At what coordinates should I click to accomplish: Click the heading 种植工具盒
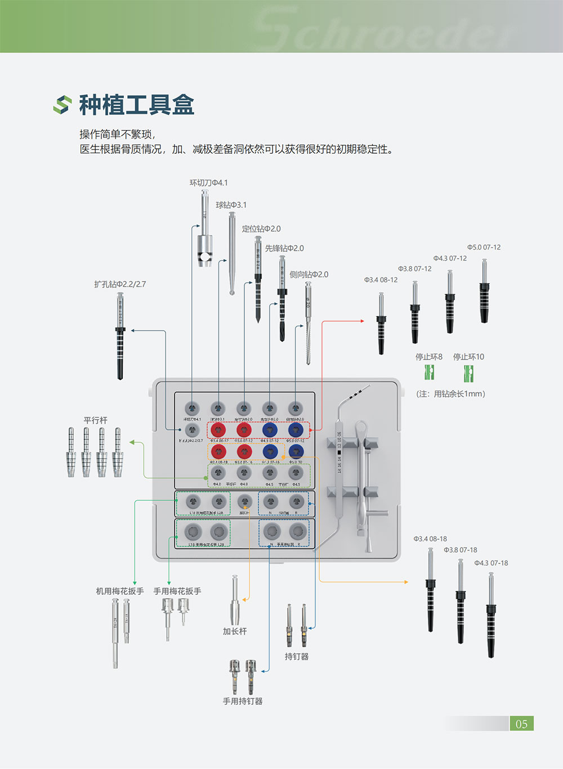coord(136,105)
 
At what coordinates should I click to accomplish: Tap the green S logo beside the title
coord(62,105)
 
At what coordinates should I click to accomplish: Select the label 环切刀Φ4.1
coord(208,183)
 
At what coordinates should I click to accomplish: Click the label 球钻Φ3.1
coord(231,205)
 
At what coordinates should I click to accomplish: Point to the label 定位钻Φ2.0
coord(261,229)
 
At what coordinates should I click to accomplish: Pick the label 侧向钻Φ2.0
coord(309,274)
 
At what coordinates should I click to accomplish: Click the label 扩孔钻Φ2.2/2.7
coord(120,284)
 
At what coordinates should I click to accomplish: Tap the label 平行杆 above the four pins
coord(95,420)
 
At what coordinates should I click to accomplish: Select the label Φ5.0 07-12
coord(484,247)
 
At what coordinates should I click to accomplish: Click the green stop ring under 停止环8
coord(430,372)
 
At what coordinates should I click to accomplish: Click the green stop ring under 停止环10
coord(468,372)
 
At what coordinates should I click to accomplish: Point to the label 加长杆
coord(234,632)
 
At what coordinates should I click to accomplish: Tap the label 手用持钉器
coord(243,701)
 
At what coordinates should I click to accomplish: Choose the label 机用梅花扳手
coord(120,591)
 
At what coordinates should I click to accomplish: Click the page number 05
coord(521,724)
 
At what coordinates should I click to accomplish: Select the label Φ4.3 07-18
coord(491,563)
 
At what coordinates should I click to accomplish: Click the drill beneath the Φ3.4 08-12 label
coord(381,324)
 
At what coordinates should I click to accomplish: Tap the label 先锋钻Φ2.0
coord(284,248)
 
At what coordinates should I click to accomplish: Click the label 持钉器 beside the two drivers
coord(297,656)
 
